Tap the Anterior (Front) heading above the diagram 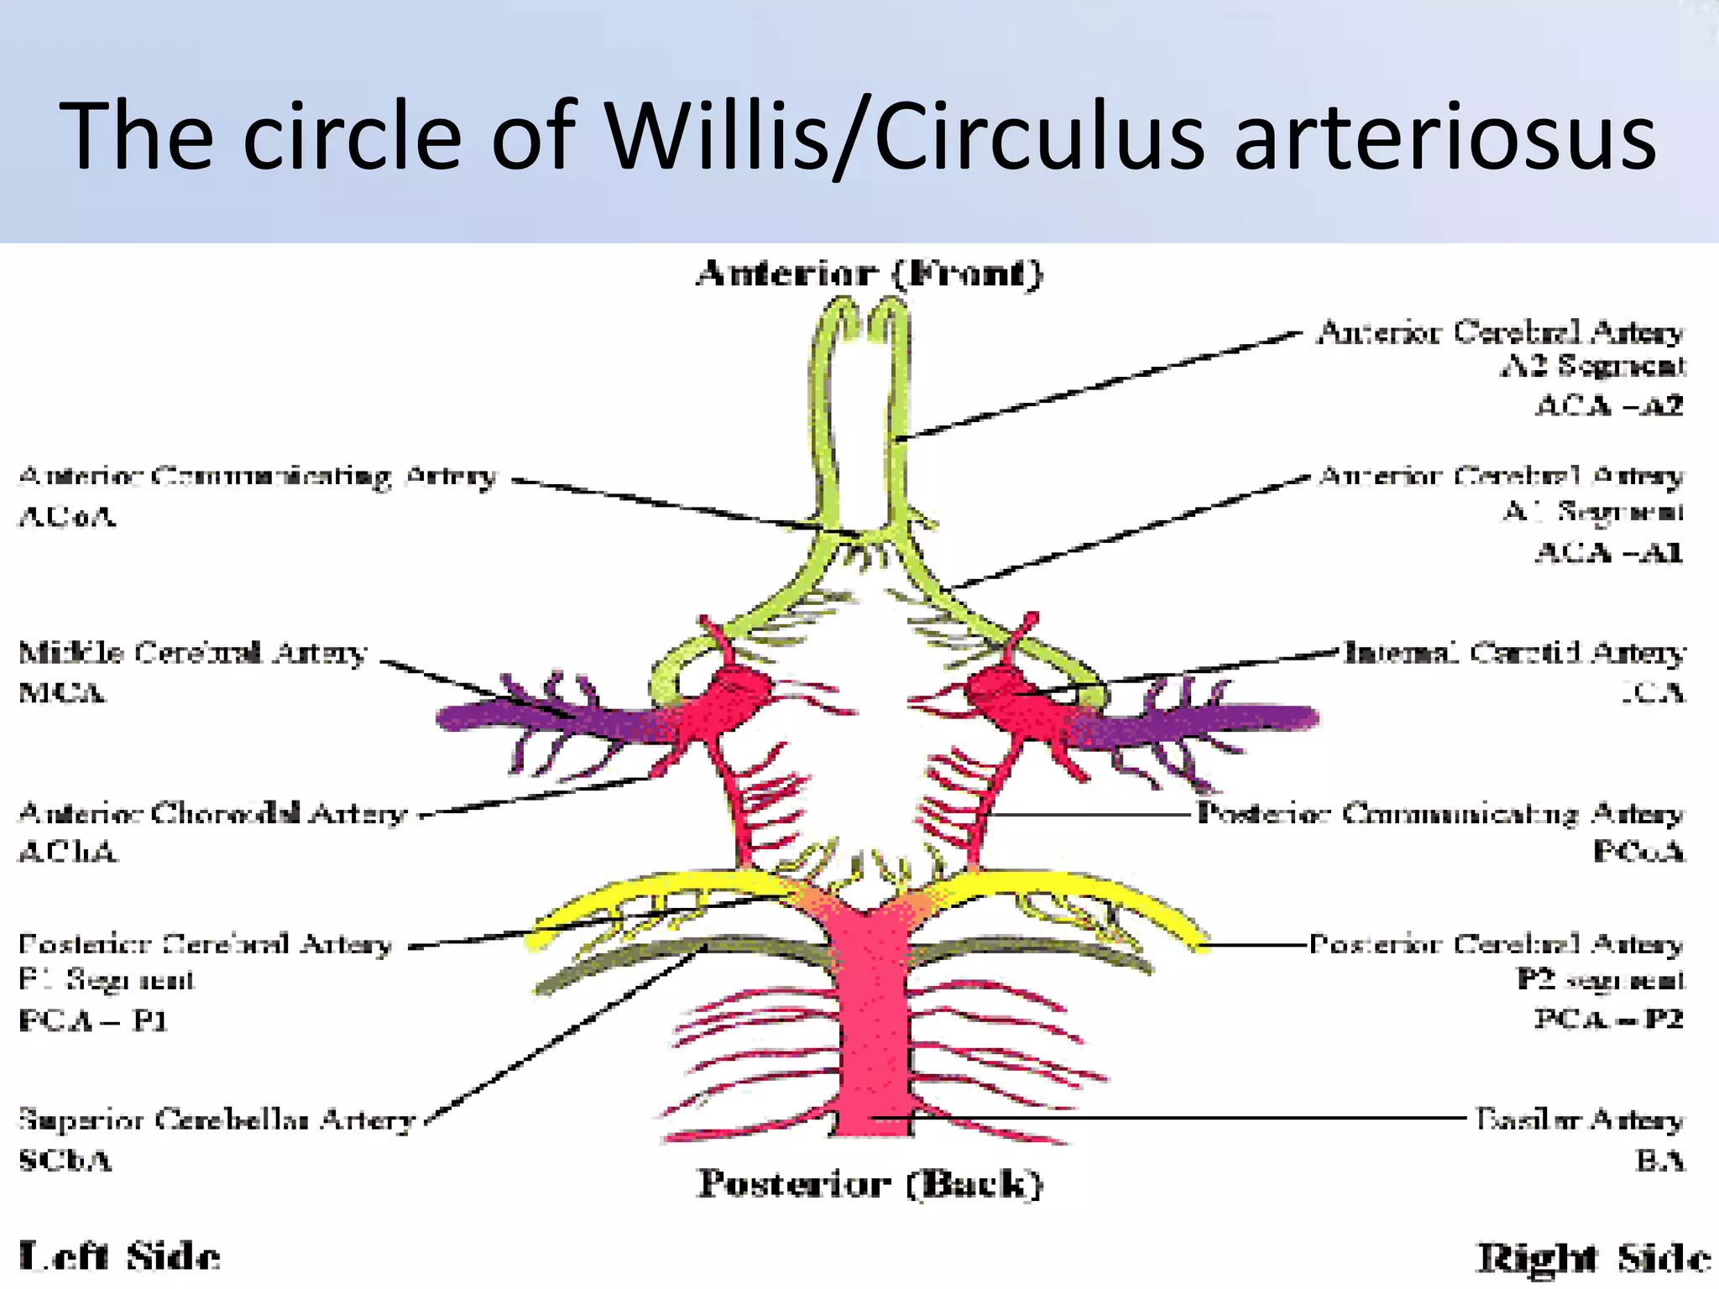[869, 274]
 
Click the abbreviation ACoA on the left [67, 515]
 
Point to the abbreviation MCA [62, 693]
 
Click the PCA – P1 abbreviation [93, 1020]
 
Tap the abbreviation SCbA [65, 1161]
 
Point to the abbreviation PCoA [1638, 852]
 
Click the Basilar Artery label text [1579, 1119]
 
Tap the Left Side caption [119, 1256]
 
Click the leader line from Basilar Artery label [1175, 1118]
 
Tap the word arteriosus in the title [1444, 137]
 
